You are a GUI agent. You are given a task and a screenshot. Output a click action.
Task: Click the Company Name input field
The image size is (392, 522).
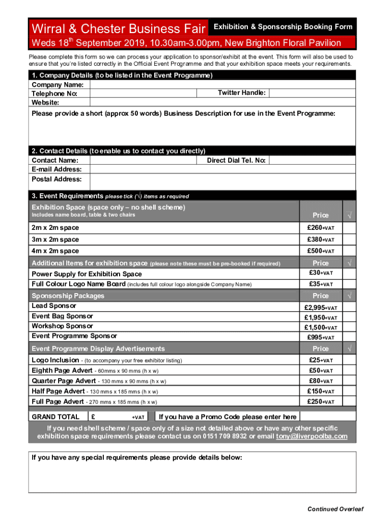pyautogui.click(x=222, y=84)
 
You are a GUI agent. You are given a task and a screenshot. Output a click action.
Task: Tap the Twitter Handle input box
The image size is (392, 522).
pyautogui.click(x=312, y=93)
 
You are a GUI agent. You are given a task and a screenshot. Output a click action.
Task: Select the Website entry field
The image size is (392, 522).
pyautogui.click(x=222, y=102)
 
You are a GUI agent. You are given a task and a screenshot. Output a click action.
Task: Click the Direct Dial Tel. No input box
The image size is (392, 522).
pyautogui.click(x=312, y=160)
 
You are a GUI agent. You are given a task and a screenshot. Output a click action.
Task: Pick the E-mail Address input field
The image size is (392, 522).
pyautogui.click(x=222, y=169)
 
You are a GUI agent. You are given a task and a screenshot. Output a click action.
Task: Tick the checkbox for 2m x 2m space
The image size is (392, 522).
pyautogui.click(x=349, y=228)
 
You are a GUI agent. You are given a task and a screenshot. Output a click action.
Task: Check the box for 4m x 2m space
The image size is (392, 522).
pyautogui.click(x=349, y=251)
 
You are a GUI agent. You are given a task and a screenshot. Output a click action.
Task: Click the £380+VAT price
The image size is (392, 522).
pyautogui.click(x=320, y=240)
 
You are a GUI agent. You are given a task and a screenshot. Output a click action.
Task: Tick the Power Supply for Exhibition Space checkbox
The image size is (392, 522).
pyautogui.click(x=349, y=274)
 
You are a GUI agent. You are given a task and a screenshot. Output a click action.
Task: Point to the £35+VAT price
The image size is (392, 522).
pyautogui.click(x=320, y=284)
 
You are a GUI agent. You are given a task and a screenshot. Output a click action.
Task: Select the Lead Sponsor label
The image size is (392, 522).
pyautogui.click(x=54, y=306)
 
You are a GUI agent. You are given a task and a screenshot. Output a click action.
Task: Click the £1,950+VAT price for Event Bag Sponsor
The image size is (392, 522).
pyautogui.click(x=320, y=318)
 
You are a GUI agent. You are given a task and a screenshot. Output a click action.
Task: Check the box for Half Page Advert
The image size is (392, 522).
pyautogui.click(x=349, y=391)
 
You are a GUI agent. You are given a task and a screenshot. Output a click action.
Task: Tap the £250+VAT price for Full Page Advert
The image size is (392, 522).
pyautogui.click(x=320, y=402)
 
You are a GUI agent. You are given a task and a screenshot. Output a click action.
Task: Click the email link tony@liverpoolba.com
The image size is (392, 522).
pyautogui.click(x=312, y=436)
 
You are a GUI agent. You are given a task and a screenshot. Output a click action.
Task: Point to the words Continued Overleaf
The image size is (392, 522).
pyautogui.click(x=335, y=509)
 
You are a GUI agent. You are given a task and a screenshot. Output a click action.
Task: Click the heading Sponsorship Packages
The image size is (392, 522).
pyautogui.click(x=68, y=296)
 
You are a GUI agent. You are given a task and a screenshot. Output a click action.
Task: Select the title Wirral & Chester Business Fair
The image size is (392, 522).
pyautogui.click(x=119, y=28)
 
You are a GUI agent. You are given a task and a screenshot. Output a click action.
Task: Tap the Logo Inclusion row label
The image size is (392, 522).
pyautogui.click(x=55, y=360)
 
